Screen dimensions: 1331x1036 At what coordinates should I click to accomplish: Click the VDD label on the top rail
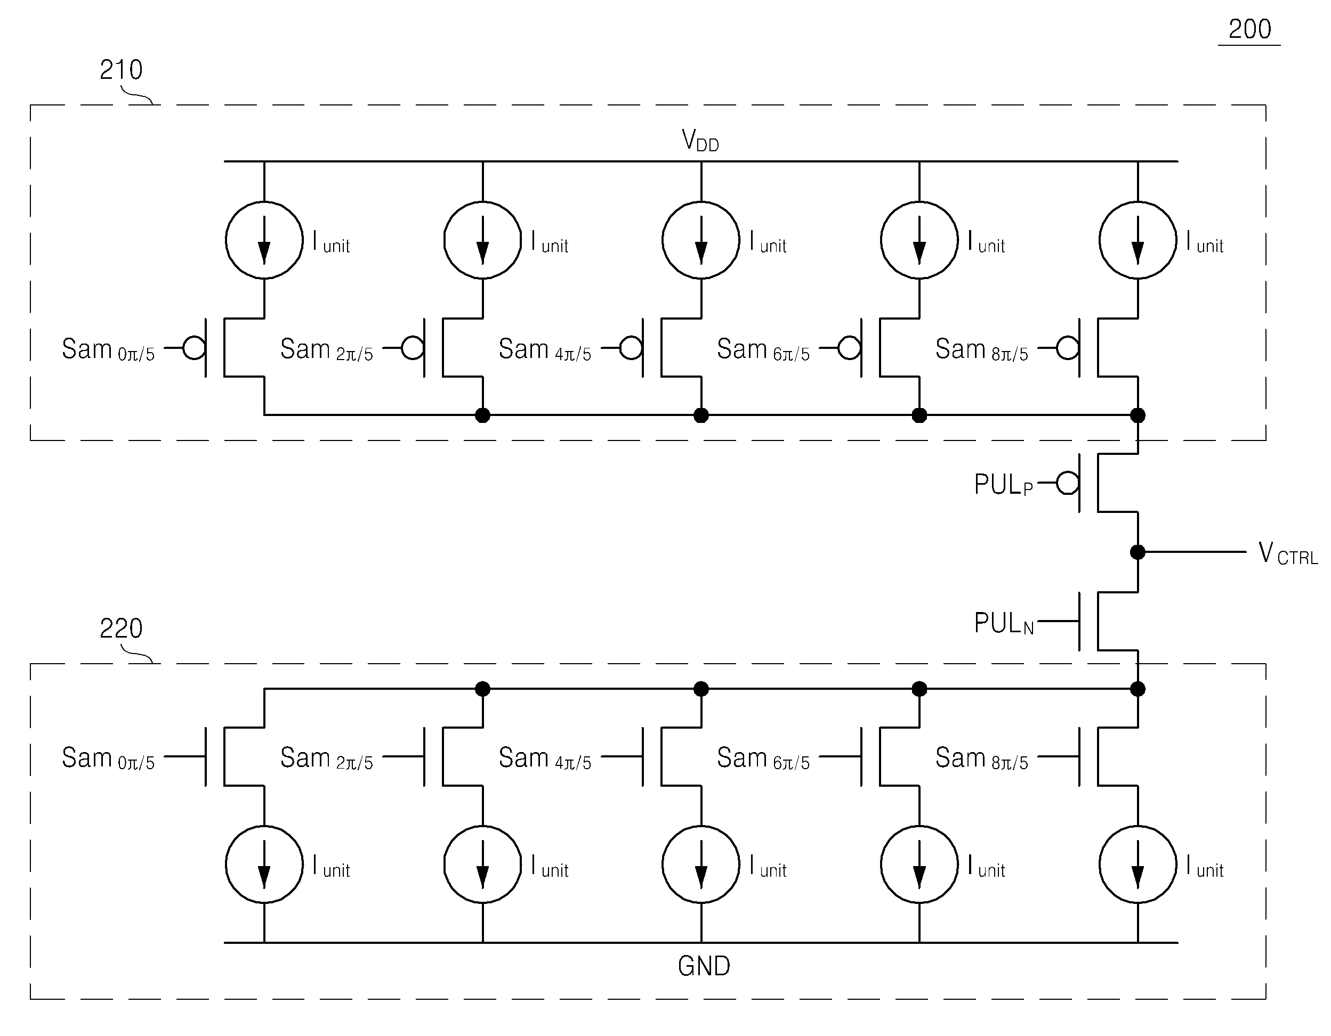coord(700,141)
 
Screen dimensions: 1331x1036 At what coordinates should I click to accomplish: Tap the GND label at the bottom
coord(704,966)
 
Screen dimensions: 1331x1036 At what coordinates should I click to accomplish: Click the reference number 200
coord(1249,29)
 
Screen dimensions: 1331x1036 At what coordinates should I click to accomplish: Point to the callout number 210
coord(122,69)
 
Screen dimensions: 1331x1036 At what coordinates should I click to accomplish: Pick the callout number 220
coord(122,628)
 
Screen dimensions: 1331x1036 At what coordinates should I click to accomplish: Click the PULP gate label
coord(1004,485)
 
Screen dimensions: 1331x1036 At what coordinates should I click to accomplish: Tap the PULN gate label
coord(1004,623)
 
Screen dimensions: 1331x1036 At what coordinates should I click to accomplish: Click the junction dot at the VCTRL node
coord(1137,552)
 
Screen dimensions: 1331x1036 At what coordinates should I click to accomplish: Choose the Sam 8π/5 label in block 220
coord(982,758)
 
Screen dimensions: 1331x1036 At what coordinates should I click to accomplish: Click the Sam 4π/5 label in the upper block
coord(545,349)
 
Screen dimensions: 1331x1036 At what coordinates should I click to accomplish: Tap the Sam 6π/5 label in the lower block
coord(763,758)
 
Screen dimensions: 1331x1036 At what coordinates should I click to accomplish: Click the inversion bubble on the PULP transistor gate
coord(1067,483)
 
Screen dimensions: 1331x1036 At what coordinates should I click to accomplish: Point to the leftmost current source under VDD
coord(264,240)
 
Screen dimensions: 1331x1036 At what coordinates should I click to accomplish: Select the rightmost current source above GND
coord(1137,864)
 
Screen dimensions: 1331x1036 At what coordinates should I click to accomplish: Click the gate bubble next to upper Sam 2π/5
coord(412,348)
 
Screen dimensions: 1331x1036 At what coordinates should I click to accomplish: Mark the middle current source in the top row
coord(701,240)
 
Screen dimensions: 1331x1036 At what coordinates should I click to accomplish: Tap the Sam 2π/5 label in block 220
coord(327,758)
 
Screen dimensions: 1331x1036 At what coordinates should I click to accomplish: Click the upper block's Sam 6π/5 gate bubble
coord(849,348)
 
